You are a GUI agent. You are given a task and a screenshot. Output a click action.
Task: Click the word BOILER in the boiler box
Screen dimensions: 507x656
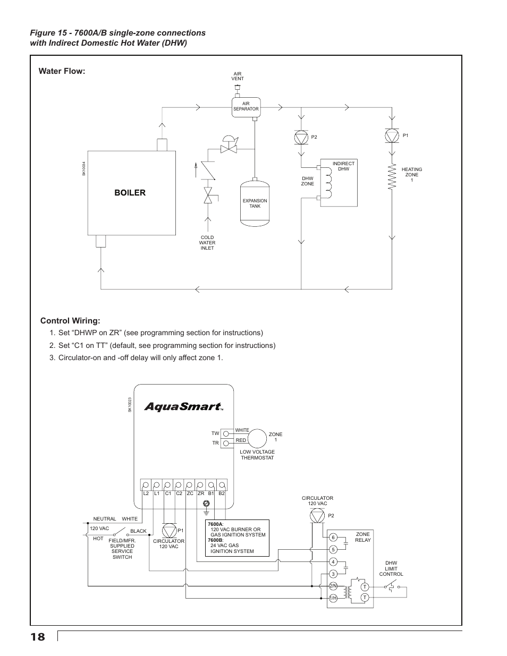pos(130,193)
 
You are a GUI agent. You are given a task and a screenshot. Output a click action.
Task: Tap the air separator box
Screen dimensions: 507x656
pos(246,107)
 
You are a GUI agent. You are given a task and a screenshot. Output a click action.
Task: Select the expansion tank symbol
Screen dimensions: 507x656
pos(255,202)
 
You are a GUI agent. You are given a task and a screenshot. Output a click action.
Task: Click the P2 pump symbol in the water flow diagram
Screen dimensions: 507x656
pos(301,138)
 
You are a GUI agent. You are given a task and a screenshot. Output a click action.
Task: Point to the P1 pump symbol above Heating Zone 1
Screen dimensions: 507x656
pos(392,135)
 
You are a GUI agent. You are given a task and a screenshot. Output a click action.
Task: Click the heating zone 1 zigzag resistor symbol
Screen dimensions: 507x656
pos(392,176)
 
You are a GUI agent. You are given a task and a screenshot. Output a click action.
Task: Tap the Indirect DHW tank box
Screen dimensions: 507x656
pos(339,183)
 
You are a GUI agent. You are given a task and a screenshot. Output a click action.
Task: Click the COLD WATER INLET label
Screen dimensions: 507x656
pos(207,243)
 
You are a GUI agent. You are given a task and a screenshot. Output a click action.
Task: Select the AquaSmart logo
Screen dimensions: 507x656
pos(183,407)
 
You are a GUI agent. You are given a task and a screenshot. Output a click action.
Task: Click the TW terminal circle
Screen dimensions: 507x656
pos(225,434)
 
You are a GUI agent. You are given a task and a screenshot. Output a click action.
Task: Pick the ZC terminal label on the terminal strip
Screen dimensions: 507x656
pos(190,493)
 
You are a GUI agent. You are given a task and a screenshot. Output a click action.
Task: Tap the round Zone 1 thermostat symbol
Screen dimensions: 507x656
pos(257,438)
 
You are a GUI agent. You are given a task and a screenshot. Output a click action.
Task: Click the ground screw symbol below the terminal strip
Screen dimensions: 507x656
pos(207,504)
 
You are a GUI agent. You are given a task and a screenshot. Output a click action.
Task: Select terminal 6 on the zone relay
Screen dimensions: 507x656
pos(333,537)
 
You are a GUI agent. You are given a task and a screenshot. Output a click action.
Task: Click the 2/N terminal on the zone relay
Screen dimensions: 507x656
pos(333,586)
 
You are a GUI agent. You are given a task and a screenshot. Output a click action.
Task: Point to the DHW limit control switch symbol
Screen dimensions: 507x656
pos(392,586)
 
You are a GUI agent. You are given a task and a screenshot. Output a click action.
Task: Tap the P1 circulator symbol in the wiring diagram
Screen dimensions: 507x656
pos(169,531)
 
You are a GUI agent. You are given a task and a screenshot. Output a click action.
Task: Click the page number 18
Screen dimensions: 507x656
pos(38,637)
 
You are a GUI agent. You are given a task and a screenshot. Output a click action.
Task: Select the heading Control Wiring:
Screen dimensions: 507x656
pos(70,321)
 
